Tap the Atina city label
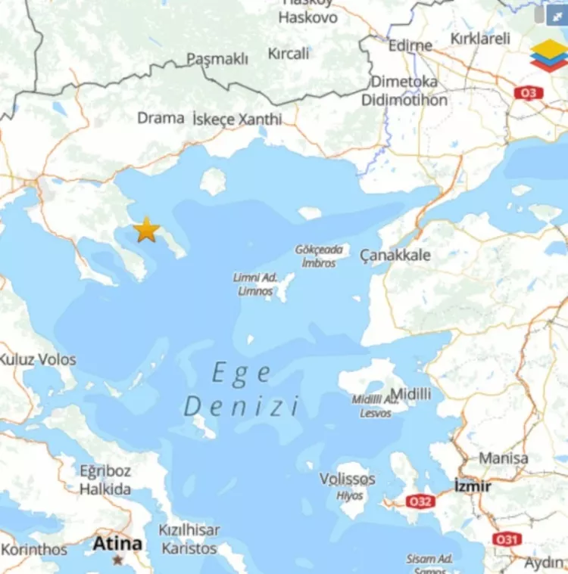(117, 543)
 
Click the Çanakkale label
(395, 255)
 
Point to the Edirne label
(410, 45)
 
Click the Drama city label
(161, 118)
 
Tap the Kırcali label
(289, 53)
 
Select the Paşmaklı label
(217, 59)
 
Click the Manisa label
(504, 458)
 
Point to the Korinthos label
(33, 550)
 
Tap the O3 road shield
(528, 92)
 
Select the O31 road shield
(507, 539)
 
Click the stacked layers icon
(548, 55)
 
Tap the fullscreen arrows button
(558, 14)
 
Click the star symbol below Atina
(117, 560)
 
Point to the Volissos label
(347, 479)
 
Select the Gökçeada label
(319, 250)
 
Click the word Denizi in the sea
(242, 406)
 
